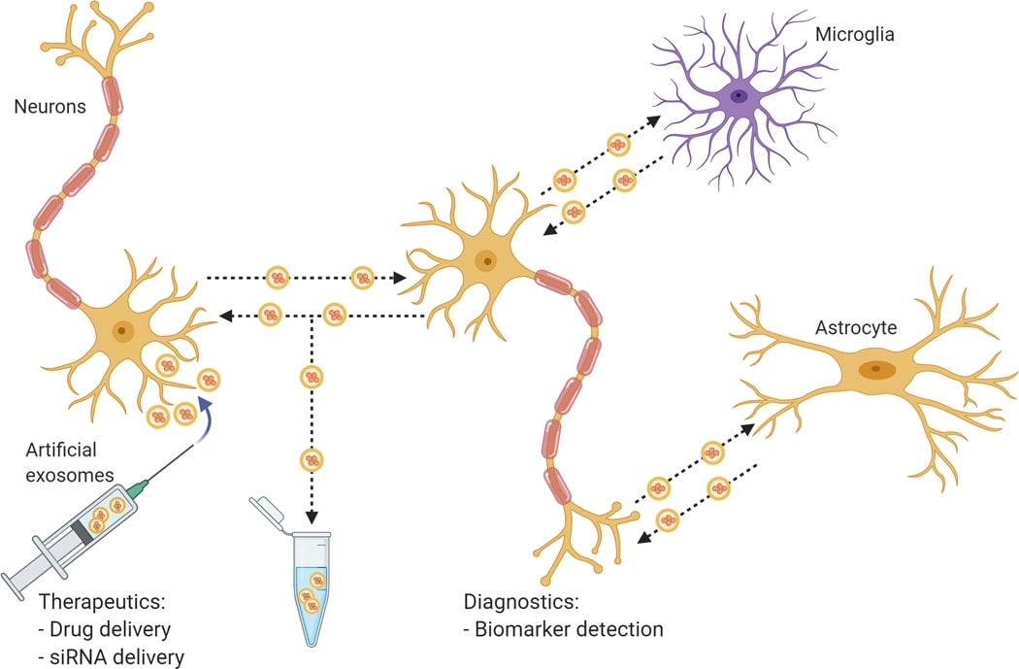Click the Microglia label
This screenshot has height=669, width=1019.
coord(854,35)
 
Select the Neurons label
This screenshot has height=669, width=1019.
coord(49,106)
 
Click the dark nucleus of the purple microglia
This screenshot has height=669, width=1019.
coord(740,95)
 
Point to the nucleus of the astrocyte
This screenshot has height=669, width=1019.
coord(877,369)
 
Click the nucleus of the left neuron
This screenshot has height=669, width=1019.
coord(122,331)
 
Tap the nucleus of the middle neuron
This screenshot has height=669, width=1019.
coord(482,260)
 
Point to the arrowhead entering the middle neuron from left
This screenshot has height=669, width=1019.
coord(398,279)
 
